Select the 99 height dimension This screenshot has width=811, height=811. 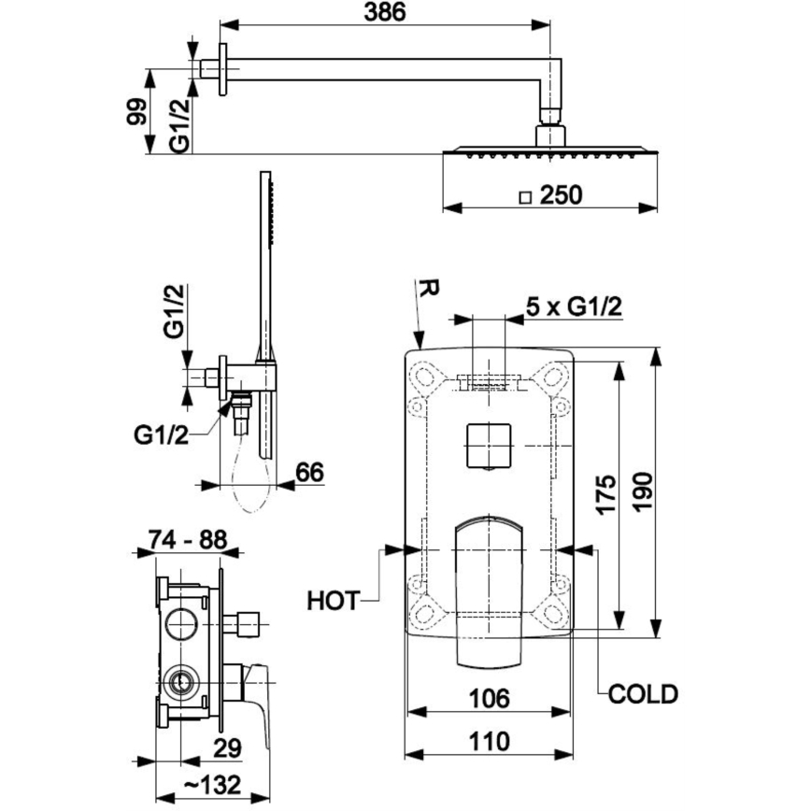click(x=136, y=112)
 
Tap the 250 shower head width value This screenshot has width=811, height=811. click(x=561, y=195)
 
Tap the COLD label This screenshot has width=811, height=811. click(x=642, y=693)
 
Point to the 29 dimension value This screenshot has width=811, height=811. click(x=227, y=747)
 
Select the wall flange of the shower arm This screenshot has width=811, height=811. click(x=223, y=69)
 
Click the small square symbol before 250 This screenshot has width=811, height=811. click(x=525, y=196)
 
